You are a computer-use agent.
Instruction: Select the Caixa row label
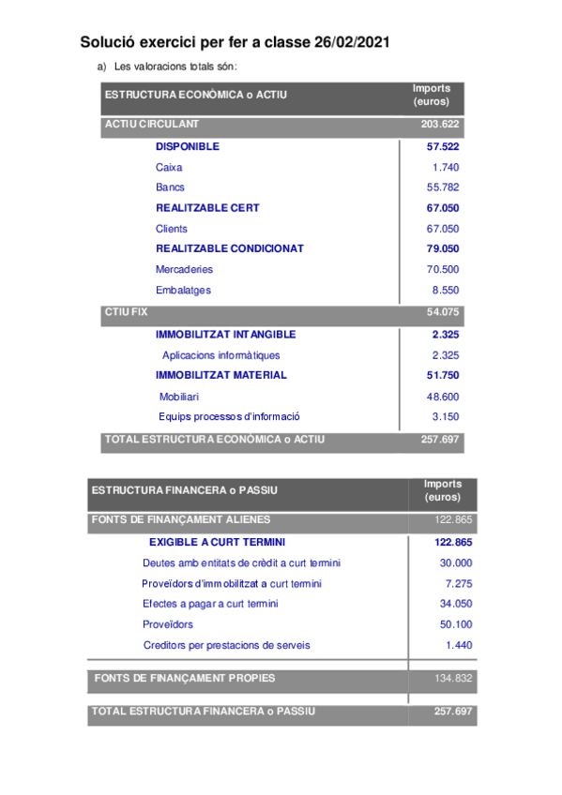point(169,167)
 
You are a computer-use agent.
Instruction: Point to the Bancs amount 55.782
point(442,187)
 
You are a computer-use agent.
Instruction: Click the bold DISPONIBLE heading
point(188,147)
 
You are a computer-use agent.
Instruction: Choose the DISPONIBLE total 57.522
point(442,147)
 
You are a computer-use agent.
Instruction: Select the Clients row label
point(172,229)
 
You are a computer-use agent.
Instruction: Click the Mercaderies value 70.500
point(442,269)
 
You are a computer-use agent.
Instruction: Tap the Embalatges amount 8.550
point(445,290)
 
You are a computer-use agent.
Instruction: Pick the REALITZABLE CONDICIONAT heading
point(229,248)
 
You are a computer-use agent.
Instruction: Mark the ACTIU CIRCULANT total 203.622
point(439,124)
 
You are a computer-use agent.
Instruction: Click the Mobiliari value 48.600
point(442,397)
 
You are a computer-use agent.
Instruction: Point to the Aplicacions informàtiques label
point(220,355)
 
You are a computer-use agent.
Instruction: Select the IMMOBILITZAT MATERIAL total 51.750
point(442,375)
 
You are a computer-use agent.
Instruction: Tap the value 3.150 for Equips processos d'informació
point(445,416)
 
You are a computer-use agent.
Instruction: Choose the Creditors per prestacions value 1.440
point(459,645)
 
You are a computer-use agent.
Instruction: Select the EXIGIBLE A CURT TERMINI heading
point(217,542)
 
